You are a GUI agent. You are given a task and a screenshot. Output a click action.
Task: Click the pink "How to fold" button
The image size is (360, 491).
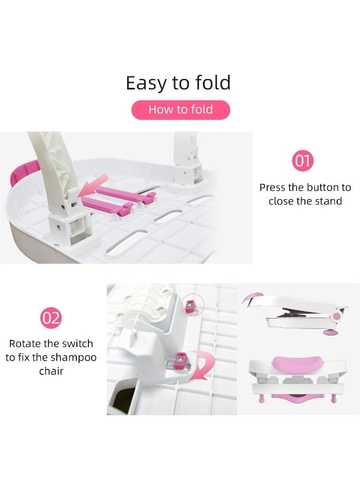click(181, 110)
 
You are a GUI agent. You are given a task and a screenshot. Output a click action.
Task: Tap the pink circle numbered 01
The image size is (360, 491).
click(302, 161)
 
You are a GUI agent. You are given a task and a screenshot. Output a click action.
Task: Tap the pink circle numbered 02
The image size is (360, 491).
click(51, 318)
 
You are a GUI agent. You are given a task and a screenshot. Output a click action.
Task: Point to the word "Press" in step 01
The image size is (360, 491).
click(273, 188)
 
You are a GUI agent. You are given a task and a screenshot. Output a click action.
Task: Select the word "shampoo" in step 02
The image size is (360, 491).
click(74, 357)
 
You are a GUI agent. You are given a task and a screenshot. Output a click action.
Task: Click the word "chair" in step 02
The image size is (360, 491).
click(51, 372)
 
